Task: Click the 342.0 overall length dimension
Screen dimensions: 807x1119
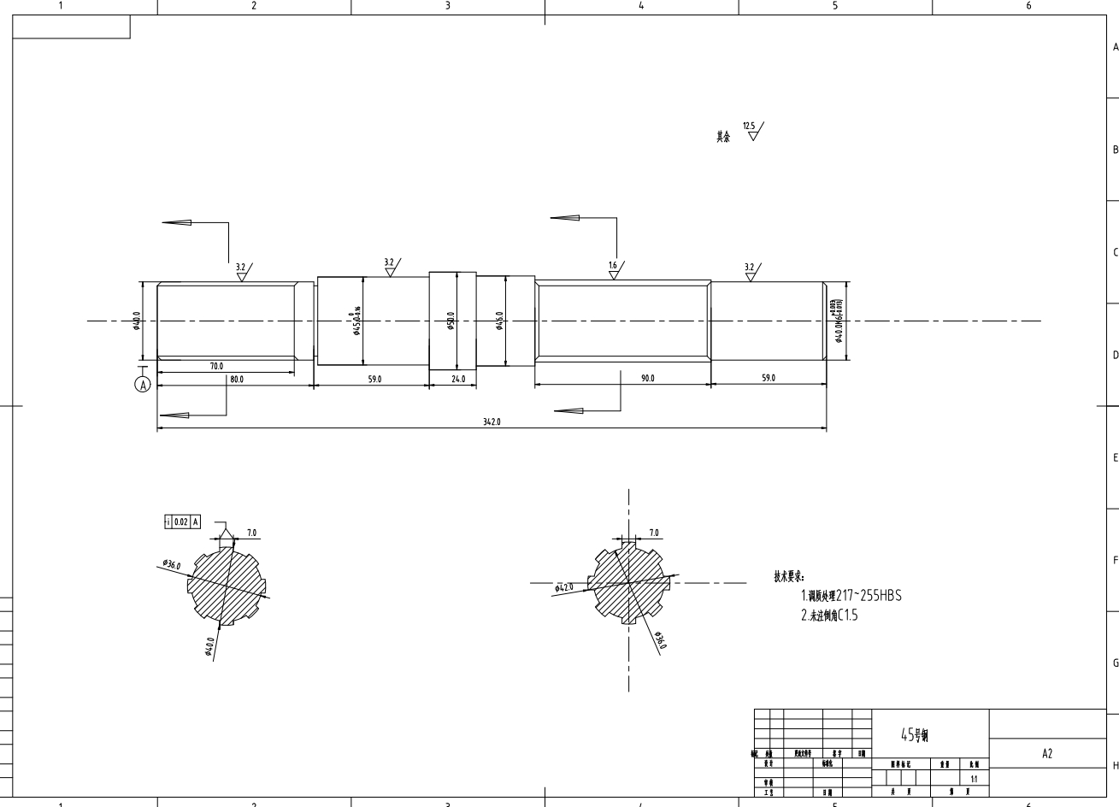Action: (x=491, y=421)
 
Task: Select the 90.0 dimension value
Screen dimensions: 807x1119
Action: (x=647, y=378)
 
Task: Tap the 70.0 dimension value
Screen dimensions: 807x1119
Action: (x=215, y=366)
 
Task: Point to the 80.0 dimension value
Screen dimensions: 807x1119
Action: (x=236, y=379)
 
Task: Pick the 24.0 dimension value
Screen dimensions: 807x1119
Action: (x=457, y=379)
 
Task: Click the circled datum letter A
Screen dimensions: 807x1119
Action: (x=143, y=385)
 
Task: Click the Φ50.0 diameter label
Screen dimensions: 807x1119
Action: (x=451, y=321)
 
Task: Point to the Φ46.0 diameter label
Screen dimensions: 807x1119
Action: (x=499, y=321)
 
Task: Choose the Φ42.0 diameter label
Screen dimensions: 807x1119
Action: (x=564, y=587)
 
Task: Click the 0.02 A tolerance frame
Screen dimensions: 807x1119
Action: (x=182, y=521)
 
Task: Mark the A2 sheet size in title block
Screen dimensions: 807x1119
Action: (x=1047, y=753)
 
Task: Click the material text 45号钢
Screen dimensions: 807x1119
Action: (x=915, y=734)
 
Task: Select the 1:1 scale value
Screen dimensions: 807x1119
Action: (x=975, y=779)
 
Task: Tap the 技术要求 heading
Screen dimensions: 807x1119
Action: (x=789, y=577)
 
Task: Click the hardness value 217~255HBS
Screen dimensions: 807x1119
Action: (x=869, y=596)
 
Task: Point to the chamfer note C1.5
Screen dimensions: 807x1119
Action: (x=847, y=615)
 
